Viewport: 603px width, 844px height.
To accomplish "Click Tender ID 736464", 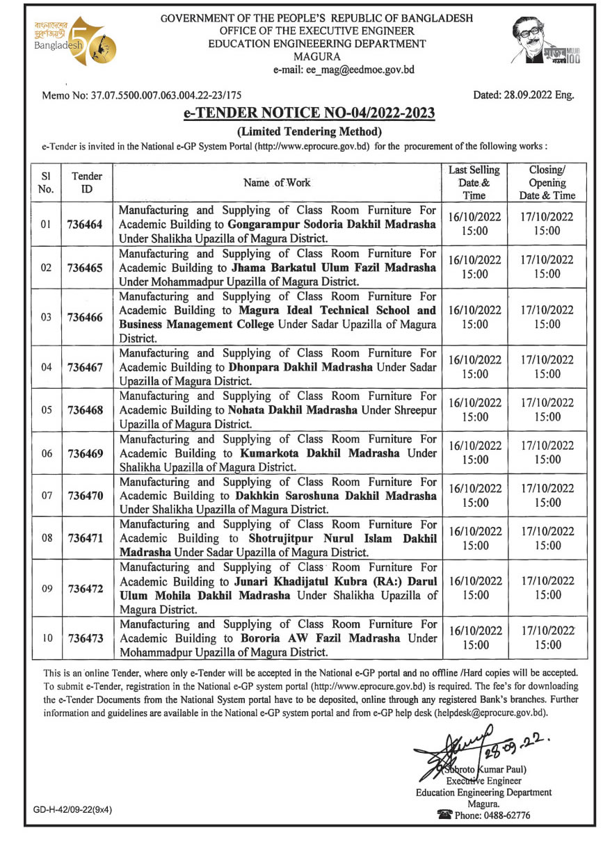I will [x=85, y=225].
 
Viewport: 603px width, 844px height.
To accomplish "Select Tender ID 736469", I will [x=85, y=453].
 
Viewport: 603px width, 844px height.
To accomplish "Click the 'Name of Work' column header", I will [x=277, y=183].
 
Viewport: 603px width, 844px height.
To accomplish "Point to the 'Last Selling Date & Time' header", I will [x=474, y=183].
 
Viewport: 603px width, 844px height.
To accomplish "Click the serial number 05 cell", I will [x=46, y=410].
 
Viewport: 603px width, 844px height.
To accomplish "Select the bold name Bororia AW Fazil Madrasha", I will [x=315, y=638].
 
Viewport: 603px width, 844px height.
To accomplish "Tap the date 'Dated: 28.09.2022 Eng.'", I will [x=523, y=96].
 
